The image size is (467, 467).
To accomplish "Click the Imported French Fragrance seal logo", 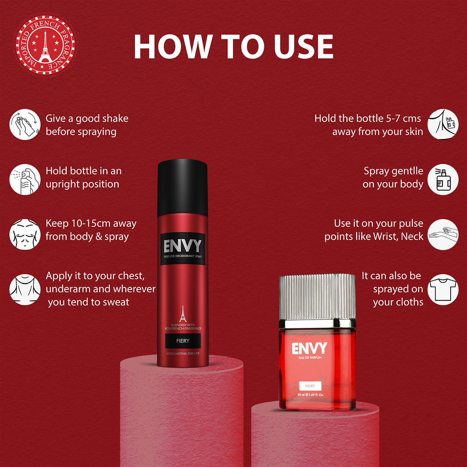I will (45, 45).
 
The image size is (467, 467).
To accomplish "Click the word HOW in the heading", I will (172, 46).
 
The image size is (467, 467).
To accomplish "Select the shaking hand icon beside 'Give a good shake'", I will (25, 125).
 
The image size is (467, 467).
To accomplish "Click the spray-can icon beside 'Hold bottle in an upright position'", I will (25, 179).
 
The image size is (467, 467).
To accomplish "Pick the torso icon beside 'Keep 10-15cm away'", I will (25, 234).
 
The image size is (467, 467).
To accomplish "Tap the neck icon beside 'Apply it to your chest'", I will (25, 289).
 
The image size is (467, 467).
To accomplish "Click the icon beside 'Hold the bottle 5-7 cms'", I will (443, 124).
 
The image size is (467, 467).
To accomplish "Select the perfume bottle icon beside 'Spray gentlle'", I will (443, 179).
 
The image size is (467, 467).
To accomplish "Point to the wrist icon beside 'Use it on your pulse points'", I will (443, 234).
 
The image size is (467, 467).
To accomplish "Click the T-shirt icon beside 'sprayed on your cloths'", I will (443, 289).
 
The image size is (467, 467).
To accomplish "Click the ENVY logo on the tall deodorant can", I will (182, 246).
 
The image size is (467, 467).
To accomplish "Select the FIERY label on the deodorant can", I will (182, 340).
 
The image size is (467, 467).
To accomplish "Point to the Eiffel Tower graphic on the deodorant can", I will (182, 314).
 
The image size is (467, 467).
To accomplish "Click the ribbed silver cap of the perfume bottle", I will (317, 296).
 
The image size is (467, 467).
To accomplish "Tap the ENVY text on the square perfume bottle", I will (310, 348).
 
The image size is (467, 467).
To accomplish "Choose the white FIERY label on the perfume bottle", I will (310, 385).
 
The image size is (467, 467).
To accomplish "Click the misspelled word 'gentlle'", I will (407, 171).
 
